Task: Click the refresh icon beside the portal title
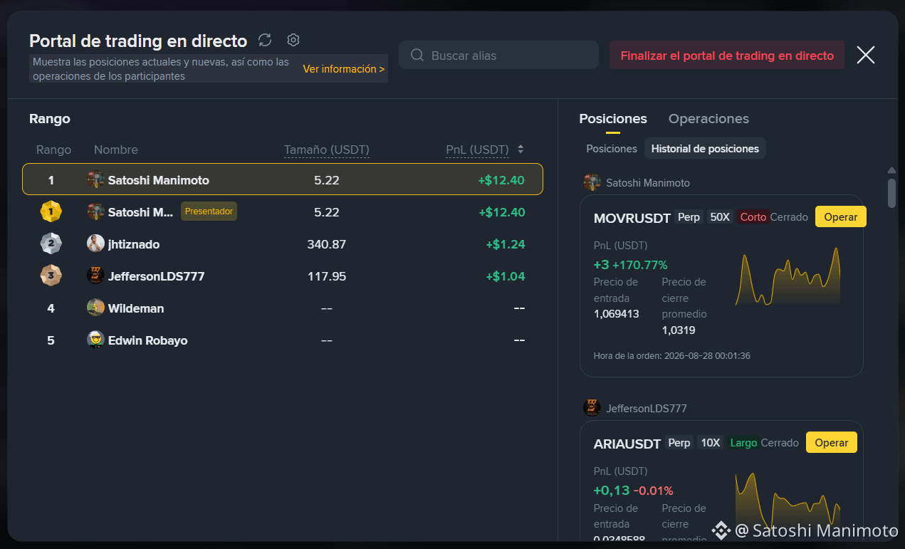click(x=265, y=40)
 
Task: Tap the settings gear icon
click(x=293, y=40)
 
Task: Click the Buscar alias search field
click(x=498, y=55)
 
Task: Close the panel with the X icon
click(x=866, y=55)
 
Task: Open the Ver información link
click(x=344, y=69)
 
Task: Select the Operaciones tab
click(x=708, y=119)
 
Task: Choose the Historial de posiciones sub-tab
click(x=705, y=149)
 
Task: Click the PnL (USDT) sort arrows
click(x=520, y=149)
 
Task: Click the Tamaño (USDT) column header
click(x=326, y=150)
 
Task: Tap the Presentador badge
click(x=209, y=211)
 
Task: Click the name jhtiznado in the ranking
click(x=134, y=244)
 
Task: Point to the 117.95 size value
click(x=327, y=276)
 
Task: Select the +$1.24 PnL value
click(x=506, y=244)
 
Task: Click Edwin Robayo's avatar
click(x=95, y=340)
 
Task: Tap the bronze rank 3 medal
click(x=51, y=276)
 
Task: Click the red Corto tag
click(x=753, y=217)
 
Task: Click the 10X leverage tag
click(x=711, y=443)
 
